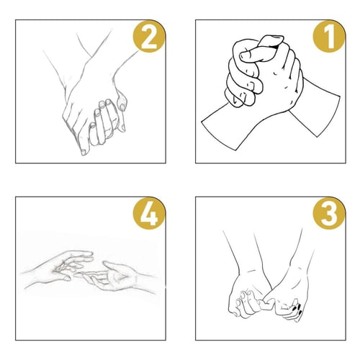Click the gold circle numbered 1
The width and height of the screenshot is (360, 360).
(x=329, y=36)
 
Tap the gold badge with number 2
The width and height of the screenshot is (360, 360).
(x=149, y=36)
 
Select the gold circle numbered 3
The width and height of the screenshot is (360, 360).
(x=329, y=213)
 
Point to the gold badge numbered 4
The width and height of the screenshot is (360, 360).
(x=149, y=213)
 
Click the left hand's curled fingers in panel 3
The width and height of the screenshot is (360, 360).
(x=246, y=304)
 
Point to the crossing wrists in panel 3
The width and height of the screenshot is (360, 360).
(x=269, y=281)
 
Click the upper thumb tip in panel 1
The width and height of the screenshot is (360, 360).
(x=271, y=40)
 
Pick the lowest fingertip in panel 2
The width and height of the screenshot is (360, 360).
(x=84, y=152)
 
